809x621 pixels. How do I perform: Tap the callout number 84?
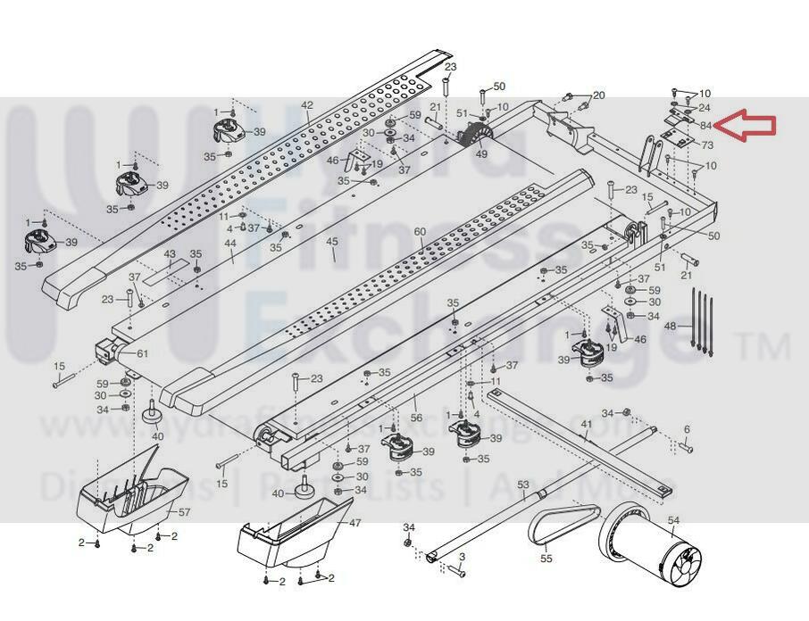(x=705, y=126)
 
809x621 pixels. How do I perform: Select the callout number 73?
(x=707, y=145)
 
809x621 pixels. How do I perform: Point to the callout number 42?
(x=307, y=105)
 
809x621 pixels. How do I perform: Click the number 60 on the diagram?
(x=420, y=232)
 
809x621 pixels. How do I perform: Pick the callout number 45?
(x=332, y=242)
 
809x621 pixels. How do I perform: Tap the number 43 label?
(x=170, y=254)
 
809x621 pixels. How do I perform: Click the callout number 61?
(x=143, y=353)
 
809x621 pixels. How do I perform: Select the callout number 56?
(x=416, y=418)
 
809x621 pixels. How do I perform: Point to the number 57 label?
(x=185, y=513)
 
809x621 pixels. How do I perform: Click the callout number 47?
(x=355, y=523)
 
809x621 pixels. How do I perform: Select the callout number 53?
(x=523, y=485)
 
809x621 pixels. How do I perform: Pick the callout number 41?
(x=587, y=425)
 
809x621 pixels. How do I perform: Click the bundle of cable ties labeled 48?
(x=704, y=322)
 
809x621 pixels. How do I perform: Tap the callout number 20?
(x=599, y=95)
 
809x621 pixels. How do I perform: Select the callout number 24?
(x=705, y=108)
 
